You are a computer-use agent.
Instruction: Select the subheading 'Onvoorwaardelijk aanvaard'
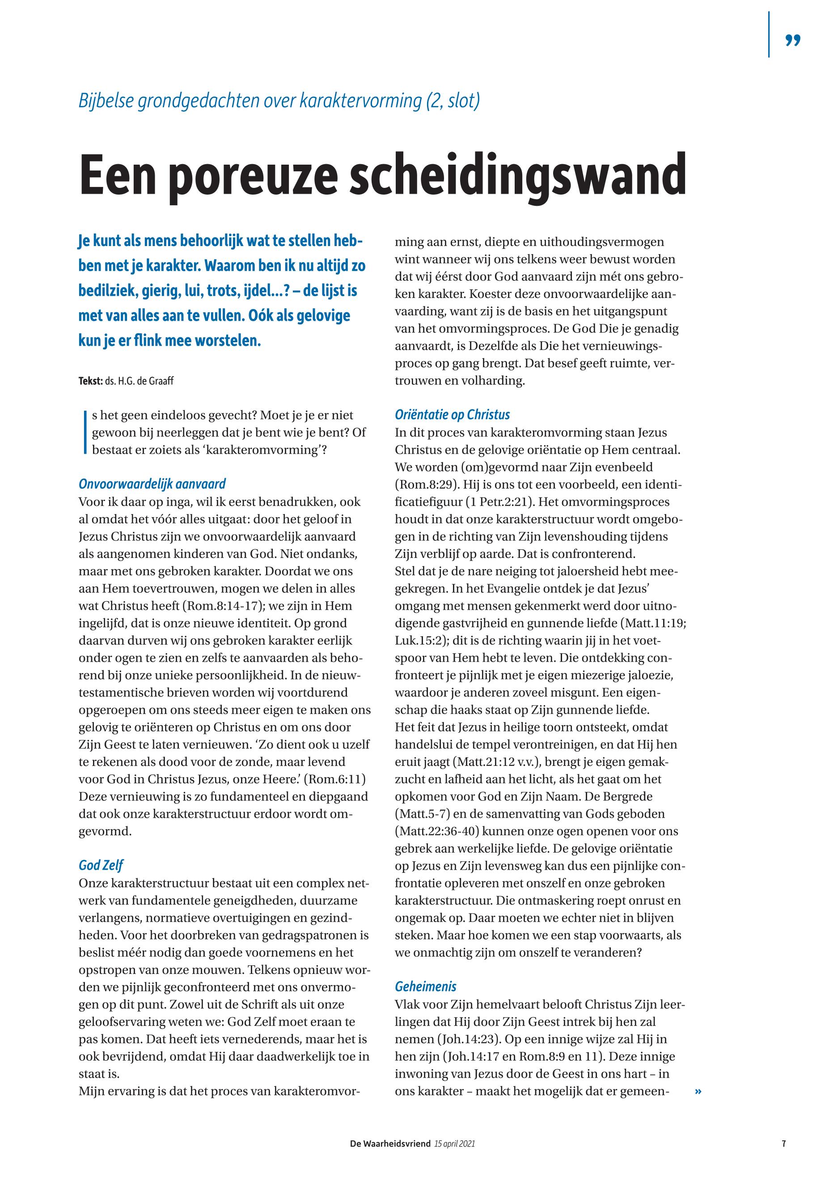tap(152, 484)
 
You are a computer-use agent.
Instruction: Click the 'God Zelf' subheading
tap(101, 865)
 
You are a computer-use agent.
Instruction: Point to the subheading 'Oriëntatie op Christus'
tap(453, 415)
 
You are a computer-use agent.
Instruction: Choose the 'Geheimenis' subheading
tap(425, 987)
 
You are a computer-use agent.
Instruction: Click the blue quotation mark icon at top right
tap(792, 40)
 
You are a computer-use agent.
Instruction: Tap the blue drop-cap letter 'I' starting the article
tap(84, 432)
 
